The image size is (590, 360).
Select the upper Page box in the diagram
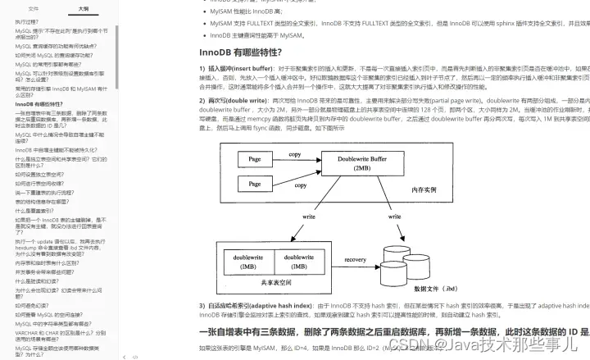pyautogui.click(x=254, y=160)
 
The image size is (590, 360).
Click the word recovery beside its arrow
pyautogui.click(x=355, y=259)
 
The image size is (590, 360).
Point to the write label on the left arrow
pyautogui.click(x=309, y=216)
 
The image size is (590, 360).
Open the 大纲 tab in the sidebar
pyautogui.click(x=84, y=7)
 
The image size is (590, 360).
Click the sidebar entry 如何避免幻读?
pyautogui.click(x=34, y=304)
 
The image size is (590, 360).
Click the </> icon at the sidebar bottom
pyautogui.click(x=135, y=357)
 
